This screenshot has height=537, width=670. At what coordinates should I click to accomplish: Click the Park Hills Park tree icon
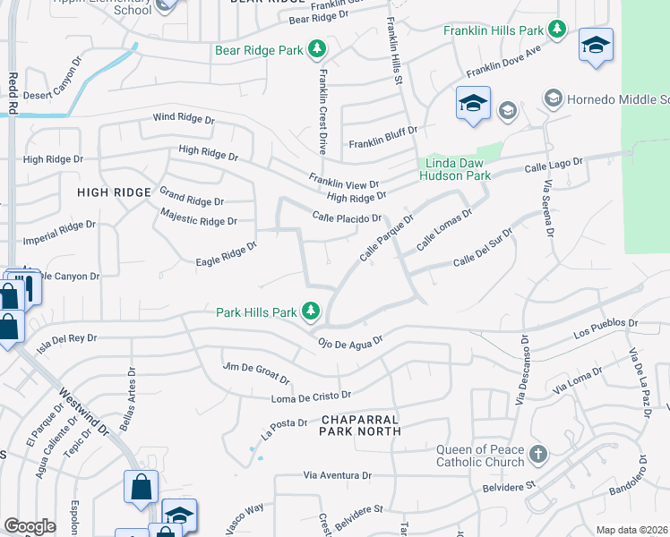(311, 311)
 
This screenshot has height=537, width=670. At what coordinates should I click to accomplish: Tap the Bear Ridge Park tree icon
(316, 50)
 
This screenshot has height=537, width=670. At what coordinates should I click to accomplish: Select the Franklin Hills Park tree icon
(556, 30)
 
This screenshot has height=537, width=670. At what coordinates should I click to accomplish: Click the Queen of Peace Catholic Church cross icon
(537, 455)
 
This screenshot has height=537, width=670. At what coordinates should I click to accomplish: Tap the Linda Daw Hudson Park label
(455, 169)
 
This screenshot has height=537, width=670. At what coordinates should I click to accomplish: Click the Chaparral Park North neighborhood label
(360, 425)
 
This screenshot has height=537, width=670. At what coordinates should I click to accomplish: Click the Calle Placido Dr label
(347, 217)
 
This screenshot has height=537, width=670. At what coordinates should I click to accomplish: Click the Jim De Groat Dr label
(256, 372)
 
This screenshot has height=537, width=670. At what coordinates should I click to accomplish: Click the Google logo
(30, 526)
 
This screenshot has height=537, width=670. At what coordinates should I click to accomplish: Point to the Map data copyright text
(631, 530)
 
